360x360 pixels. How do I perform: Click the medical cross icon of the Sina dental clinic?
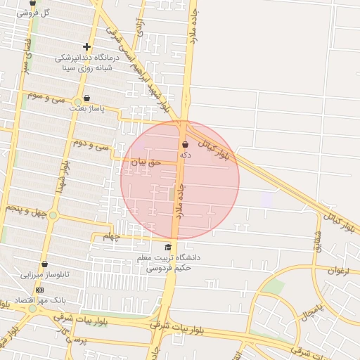pyautogui.click(x=86, y=47)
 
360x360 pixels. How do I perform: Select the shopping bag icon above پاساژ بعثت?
pyautogui.click(x=86, y=98)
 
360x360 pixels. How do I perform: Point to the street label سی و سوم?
pyautogui.click(x=46, y=96)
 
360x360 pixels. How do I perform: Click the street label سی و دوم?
pyautogui.click(x=91, y=145)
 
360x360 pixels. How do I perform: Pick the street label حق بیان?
pyautogui.click(x=147, y=162)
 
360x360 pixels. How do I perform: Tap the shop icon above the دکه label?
pyautogui.click(x=185, y=144)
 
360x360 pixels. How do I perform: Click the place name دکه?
pyautogui.click(x=185, y=154)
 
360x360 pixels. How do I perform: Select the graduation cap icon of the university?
pyautogui.click(x=168, y=247)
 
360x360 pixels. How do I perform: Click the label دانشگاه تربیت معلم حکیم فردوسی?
pyautogui.click(x=168, y=262)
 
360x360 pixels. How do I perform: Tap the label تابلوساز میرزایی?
pyautogui.click(x=44, y=275)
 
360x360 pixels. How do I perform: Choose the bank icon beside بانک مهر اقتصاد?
pyautogui.click(x=39, y=290)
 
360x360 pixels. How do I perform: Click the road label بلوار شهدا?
pyautogui.click(x=65, y=173)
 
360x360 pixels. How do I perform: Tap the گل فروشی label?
pyautogui.click(x=35, y=13)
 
